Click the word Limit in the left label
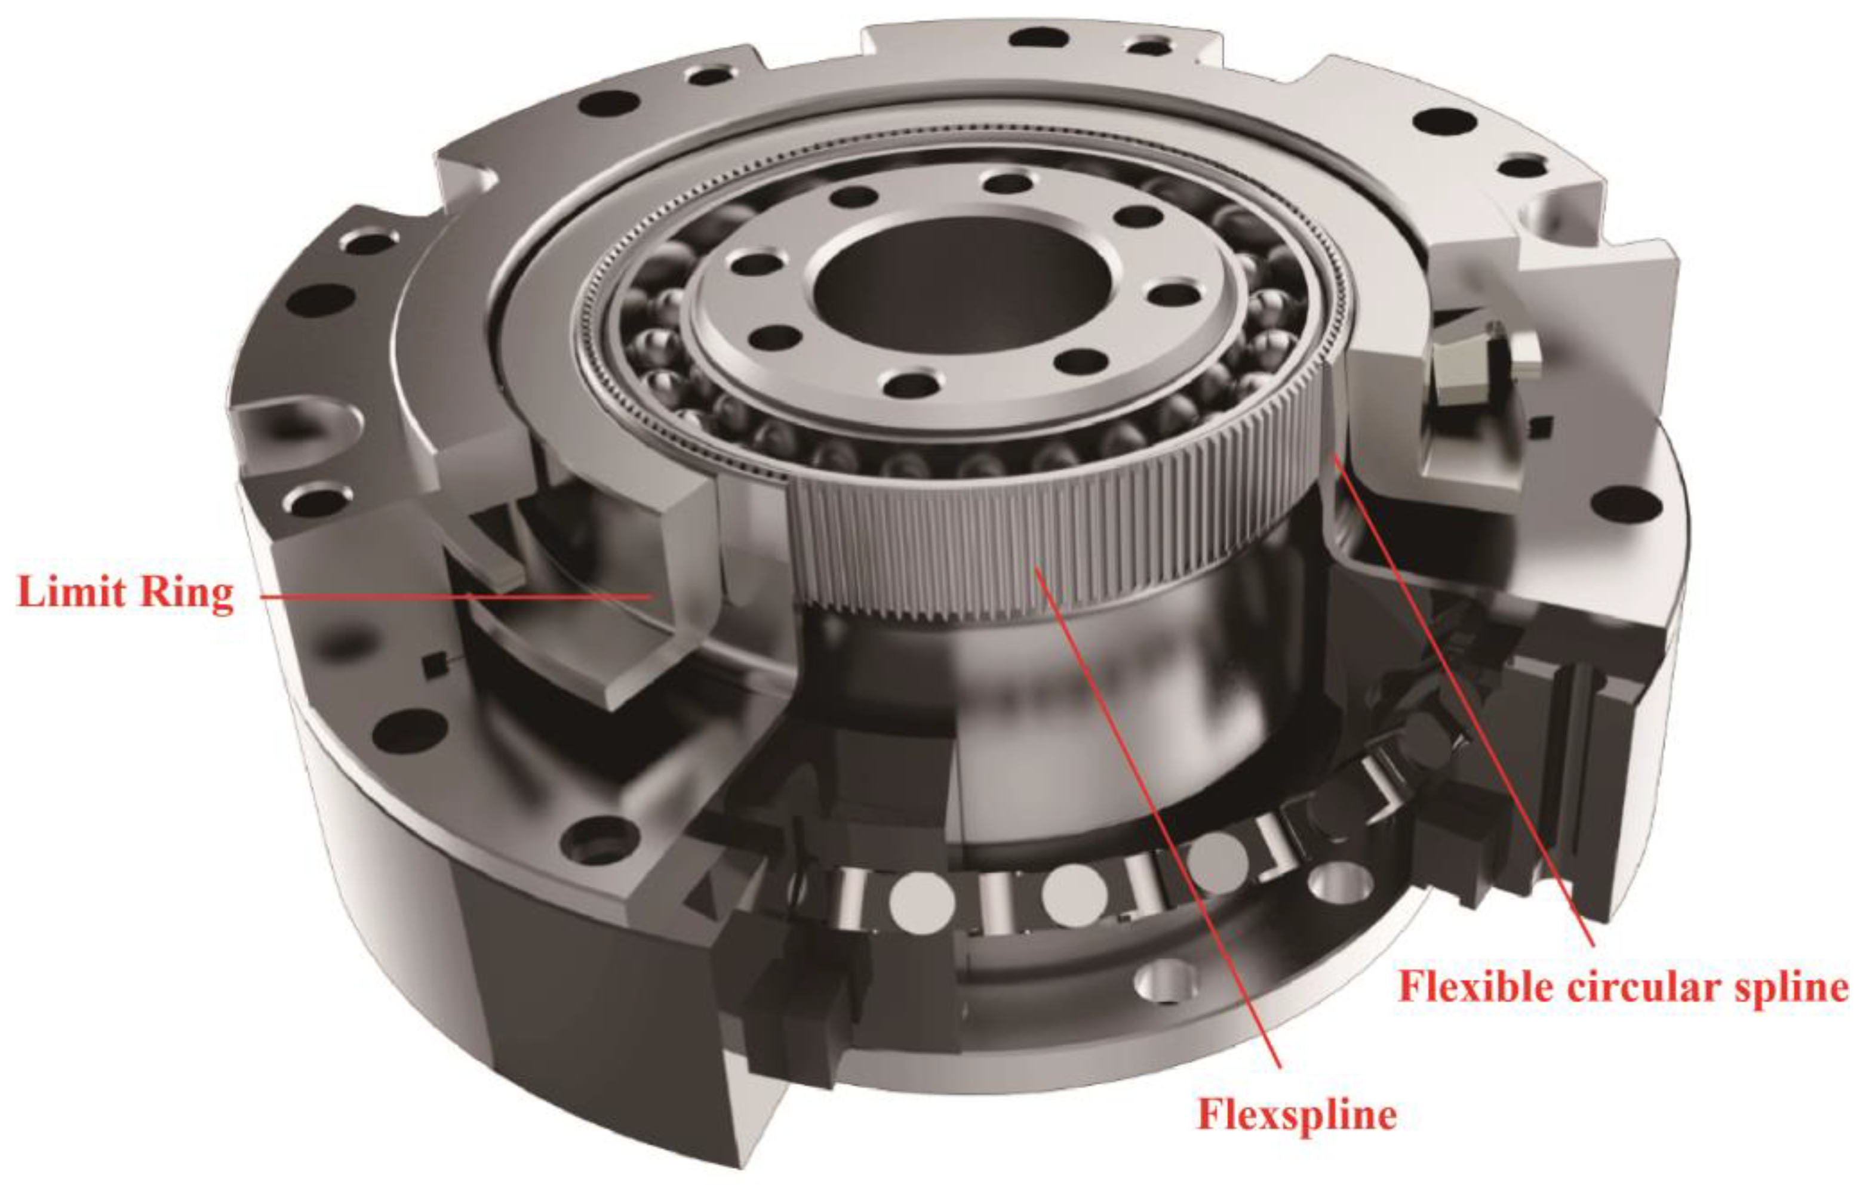pyautogui.click(x=70, y=592)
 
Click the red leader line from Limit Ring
pyautogui.click(x=455, y=596)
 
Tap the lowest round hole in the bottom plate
pyautogui.click(x=1163, y=980)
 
